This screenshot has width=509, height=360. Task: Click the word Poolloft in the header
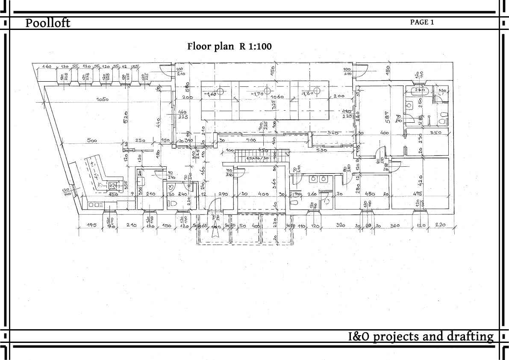[47, 23]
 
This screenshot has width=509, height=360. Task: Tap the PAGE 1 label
[422, 22]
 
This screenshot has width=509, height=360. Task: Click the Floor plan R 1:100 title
[229, 46]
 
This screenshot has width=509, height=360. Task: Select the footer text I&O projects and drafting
[421, 336]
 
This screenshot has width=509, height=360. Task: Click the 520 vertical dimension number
[126, 118]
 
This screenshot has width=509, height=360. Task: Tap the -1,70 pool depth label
[257, 94]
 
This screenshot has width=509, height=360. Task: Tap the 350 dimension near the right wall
[435, 133]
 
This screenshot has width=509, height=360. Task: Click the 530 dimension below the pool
[322, 150]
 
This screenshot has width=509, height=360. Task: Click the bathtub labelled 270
[418, 91]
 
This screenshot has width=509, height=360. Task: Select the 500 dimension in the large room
[91, 140]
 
